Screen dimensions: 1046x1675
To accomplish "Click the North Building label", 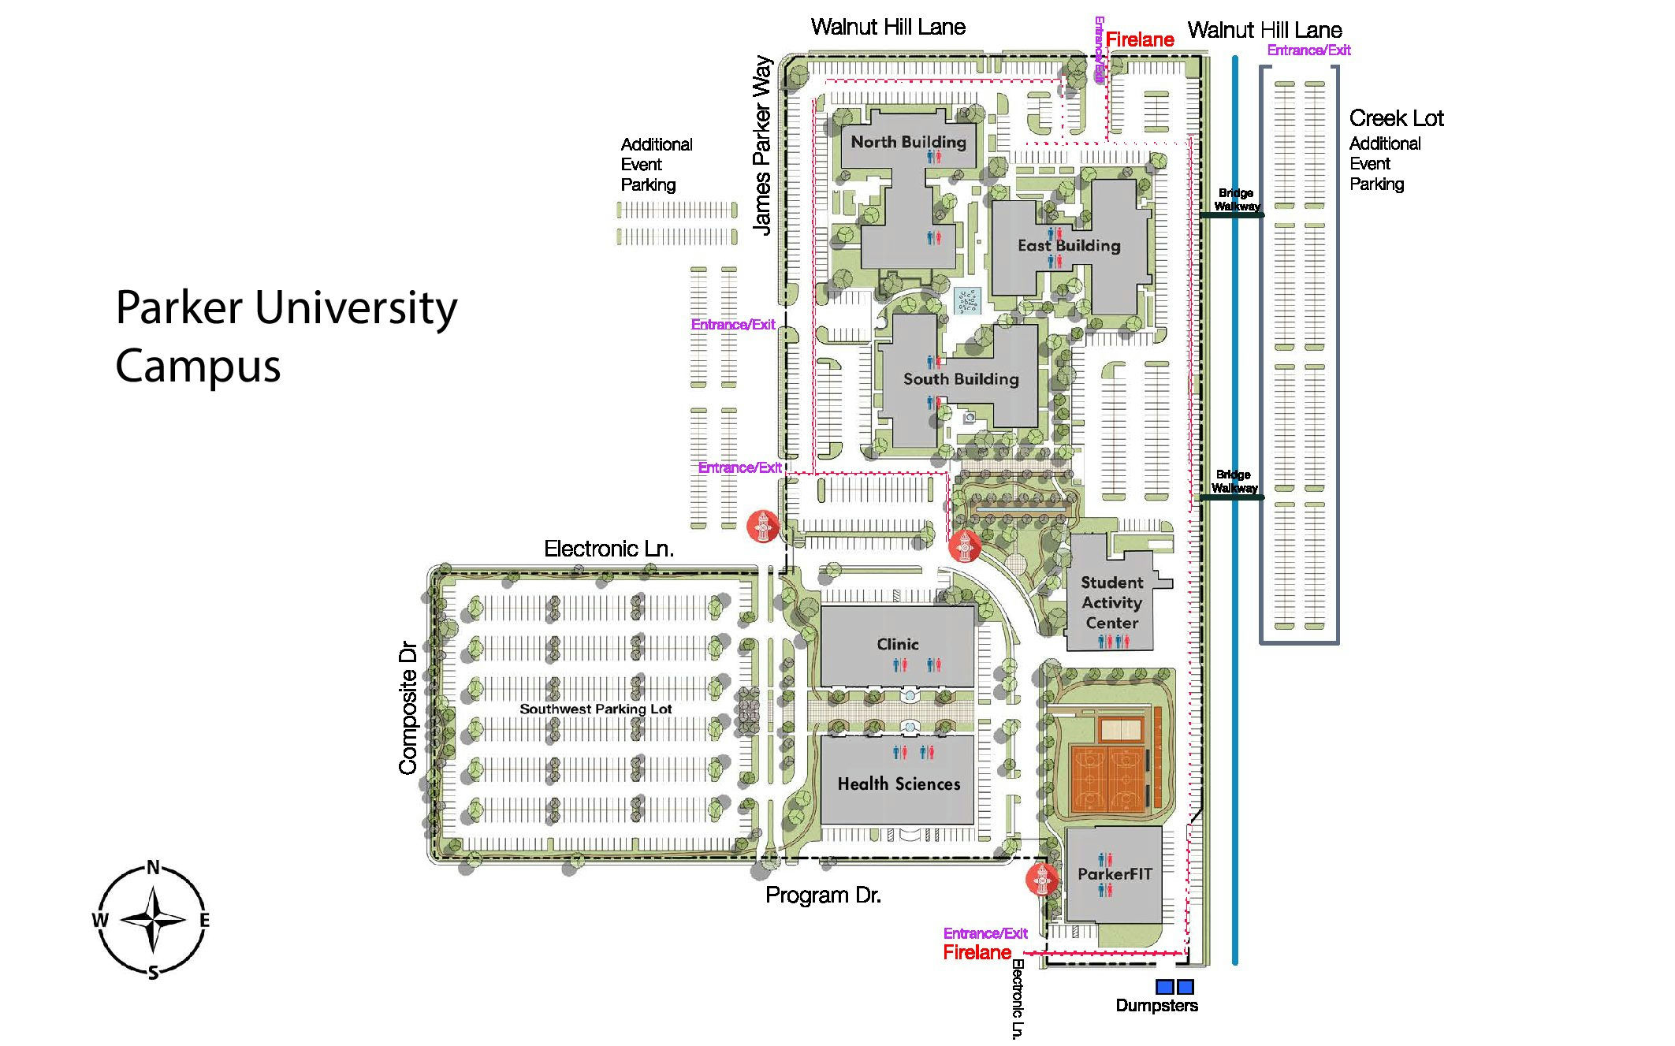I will tap(908, 142).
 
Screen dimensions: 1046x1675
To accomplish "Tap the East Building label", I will tap(1069, 245).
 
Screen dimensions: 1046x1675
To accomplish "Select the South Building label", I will tap(961, 379).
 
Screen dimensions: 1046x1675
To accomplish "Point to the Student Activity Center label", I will tap(1111, 602).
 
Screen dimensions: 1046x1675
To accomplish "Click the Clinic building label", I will tap(898, 644).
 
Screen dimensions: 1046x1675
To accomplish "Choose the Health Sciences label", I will tap(899, 784).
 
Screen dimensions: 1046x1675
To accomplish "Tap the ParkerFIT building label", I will tap(1115, 873).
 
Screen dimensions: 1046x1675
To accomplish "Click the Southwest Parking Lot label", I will tap(595, 709).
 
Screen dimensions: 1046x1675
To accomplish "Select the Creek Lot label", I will tap(1396, 118).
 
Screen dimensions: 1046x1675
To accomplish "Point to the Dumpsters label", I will tap(1156, 1005).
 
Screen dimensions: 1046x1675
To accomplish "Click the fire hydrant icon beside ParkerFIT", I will tap(1041, 879).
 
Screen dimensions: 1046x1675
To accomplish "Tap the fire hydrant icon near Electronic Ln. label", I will tap(763, 526).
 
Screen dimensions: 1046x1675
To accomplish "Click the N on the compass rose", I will tap(153, 868).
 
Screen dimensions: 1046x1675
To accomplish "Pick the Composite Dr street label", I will tap(408, 709).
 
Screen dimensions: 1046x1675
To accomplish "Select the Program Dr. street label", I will tap(823, 895).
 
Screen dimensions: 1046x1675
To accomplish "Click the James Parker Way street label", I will tap(761, 145).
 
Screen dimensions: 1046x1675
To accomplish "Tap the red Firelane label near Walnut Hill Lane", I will tap(1139, 39).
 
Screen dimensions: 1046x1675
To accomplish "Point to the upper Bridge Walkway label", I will tap(1236, 199).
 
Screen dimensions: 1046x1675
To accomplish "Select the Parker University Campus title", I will tap(285, 336).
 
